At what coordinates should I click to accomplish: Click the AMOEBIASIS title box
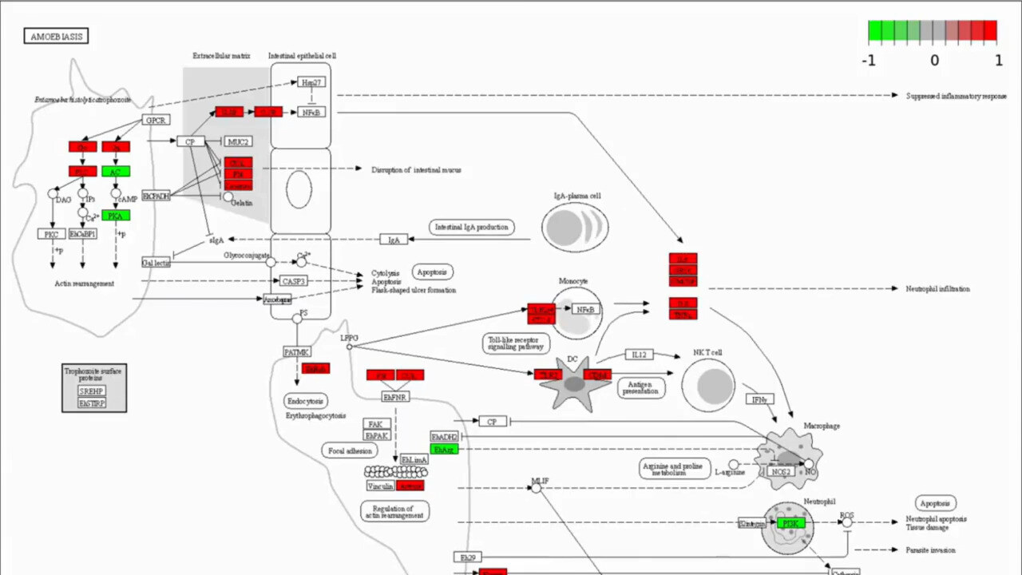pyautogui.click(x=56, y=36)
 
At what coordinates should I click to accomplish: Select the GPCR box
pyautogui.click(x=154, y=120)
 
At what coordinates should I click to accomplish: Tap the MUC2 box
pyautogui.click(x=236, y=141)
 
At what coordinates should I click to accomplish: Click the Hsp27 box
pyautogui.click(x=311, y=82)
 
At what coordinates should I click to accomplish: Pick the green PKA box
pyautogui.click(x=116, y=215)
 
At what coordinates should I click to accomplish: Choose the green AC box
pyautogui.click(x=116, y=172)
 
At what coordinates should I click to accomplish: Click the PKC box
pyautogui.click(x=51, y=234)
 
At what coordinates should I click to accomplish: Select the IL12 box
pyautogui.click(x=638, y=355)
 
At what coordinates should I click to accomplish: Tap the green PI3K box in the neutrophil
pyautogui.click(x=791, y=523)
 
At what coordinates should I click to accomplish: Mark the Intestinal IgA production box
pyautogui.click(x=471, y=227)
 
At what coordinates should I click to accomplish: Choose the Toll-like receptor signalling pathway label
pyautogui.click(x=516, y=343)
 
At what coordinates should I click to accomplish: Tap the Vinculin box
pyautogui.click(x=380, y=485)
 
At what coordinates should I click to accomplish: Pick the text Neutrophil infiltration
pyautogui.click(x=937, y=288)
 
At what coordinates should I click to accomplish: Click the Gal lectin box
pyautogui.click(x=156, y=262)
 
